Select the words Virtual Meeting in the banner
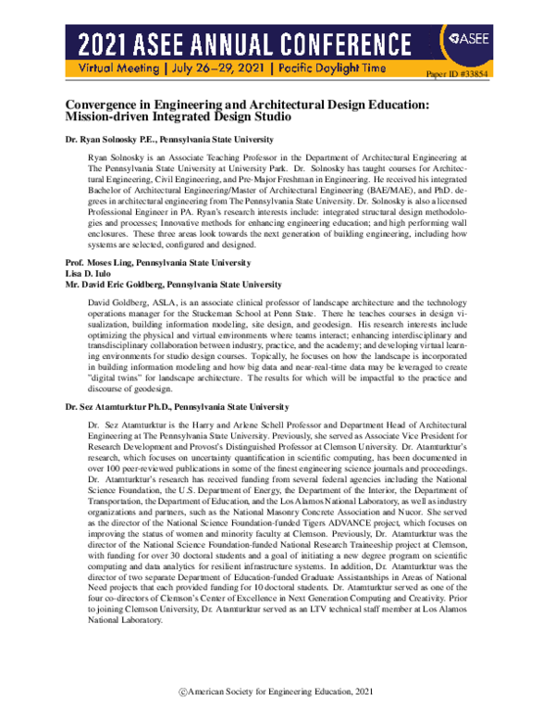(x=121, y=68)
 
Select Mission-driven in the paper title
(x=111, y=119)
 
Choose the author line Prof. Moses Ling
(x=153, y=264)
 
